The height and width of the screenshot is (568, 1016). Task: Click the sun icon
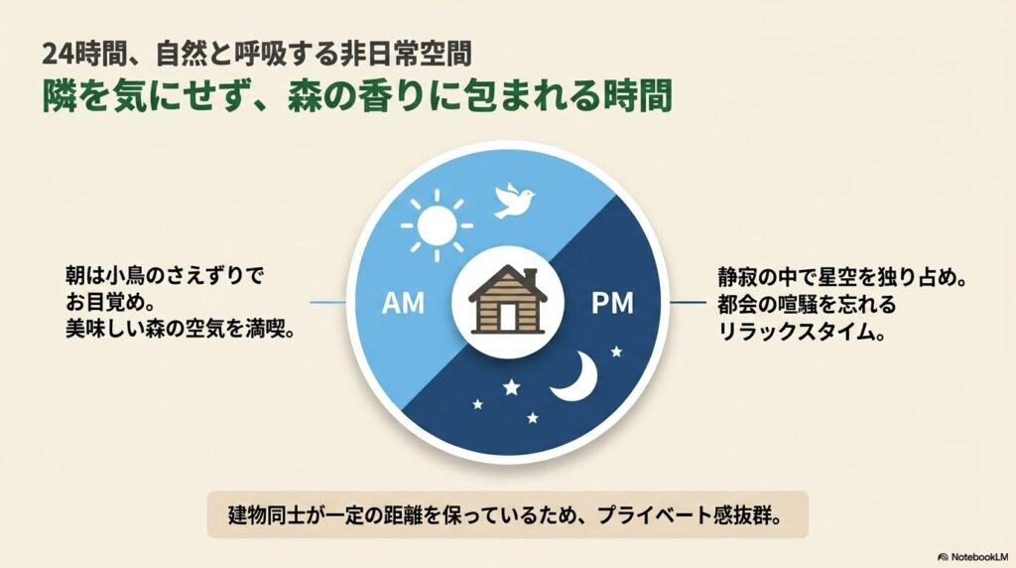pos(437,225)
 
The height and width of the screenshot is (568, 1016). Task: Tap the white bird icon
pos(515,201)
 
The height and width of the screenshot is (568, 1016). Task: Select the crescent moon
pos(575,377)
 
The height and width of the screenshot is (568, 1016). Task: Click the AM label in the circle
pos(403,303)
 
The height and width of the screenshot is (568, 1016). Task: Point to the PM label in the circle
pos(612,303)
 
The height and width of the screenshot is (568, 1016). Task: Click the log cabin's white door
pos(507,317)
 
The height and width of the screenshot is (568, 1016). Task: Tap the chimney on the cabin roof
pos(530,276)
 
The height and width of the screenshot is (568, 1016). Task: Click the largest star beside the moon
pos(511,387)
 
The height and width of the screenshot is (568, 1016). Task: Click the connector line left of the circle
pos(327,302)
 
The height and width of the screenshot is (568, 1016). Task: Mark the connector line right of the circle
pos(688,302)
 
